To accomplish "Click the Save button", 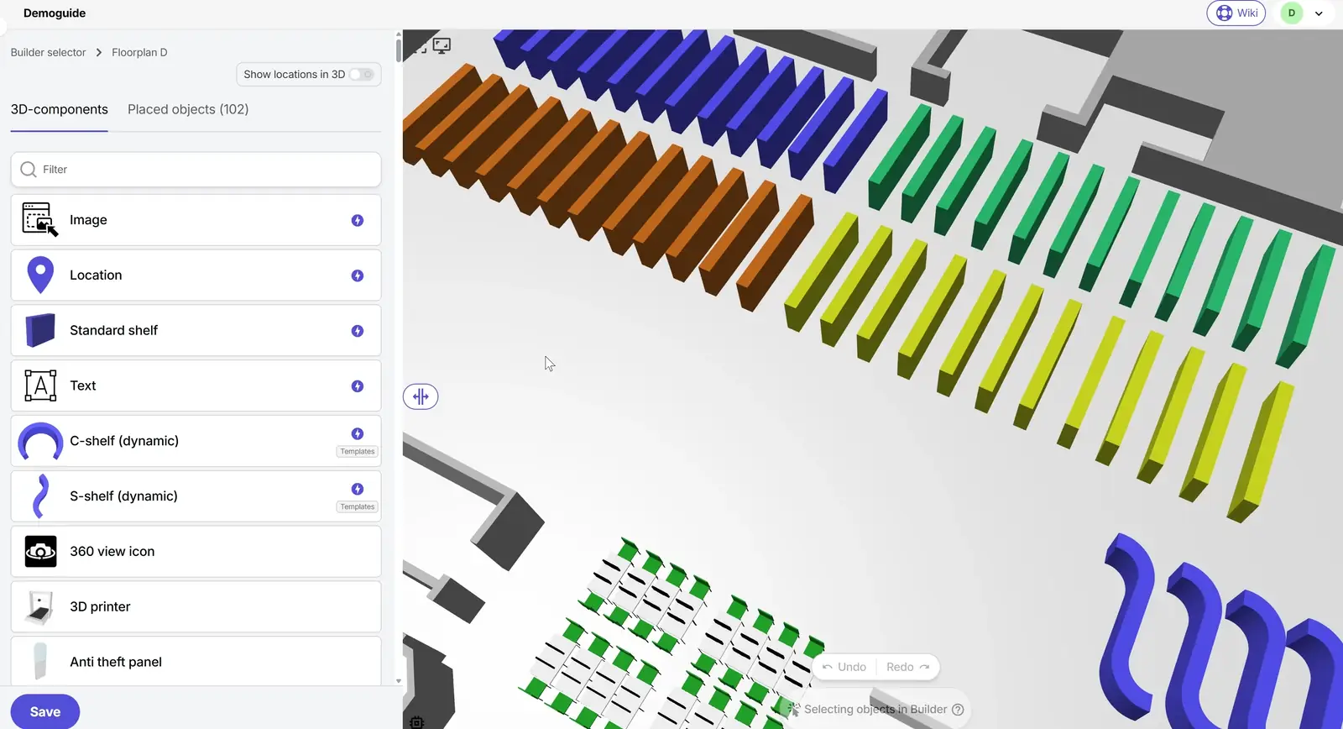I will pyautogui.click(x=45, y=711).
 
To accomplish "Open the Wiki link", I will pyautogui.click(x=1236, y=13).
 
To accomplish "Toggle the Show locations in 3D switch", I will pyautogui.click(x=362, y=75).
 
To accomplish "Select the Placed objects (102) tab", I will pyautogui.click(x=188, y=109).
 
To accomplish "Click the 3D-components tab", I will pyautogui.click(x=59, y=109).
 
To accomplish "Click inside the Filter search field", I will pyautogui.click(x=201, y=170).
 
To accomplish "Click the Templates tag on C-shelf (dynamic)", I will pyautogui.click(x=358, y=452).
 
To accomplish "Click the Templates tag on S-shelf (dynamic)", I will pyautogui.click(x=358, y=507).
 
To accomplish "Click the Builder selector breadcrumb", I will pyautogui.click(x=48, y=52).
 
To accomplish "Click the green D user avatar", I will pyautogui.click(x=1292, y=13).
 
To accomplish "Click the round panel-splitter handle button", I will pyautogui.click(x=421, y=396).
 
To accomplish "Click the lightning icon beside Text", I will pyautogui.click(x=358, y=386).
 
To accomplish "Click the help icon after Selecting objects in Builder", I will pyautogui.click(x=958, y=710).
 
